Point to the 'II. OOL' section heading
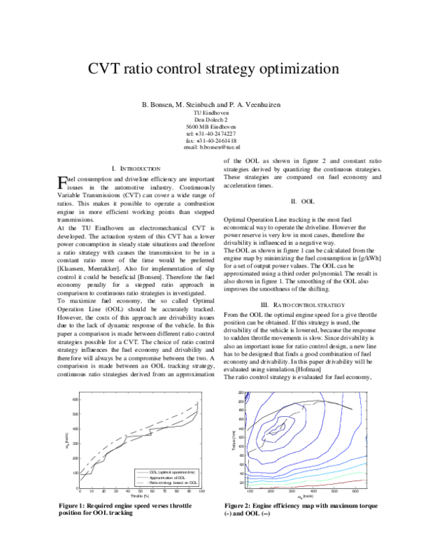pyautogui.click(x=307, y=202)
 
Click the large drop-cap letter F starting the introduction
pyautogui.click(x=61, y=183)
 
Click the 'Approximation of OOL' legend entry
pyautogui.click(x=173, y=477)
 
